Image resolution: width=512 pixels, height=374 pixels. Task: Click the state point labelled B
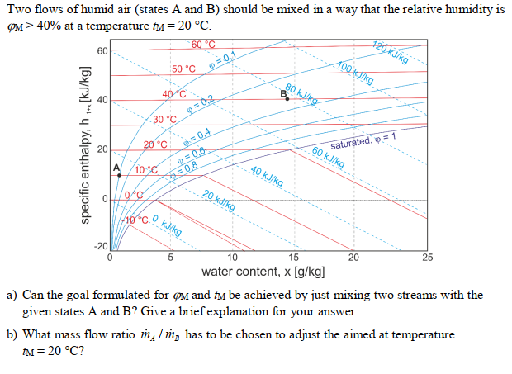[287, 99]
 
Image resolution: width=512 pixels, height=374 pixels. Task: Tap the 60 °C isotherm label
[202, 44]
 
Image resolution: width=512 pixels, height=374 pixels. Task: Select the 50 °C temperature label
[183, 69]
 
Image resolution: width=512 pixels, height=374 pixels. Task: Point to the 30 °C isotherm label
[164, 120]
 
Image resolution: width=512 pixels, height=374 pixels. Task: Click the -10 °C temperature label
[136, 220]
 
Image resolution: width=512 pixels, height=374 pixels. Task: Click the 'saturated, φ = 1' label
[366, 139]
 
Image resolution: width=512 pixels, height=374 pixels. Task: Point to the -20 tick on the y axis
[100, 247]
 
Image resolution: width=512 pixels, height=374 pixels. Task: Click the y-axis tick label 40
[102, 101]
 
